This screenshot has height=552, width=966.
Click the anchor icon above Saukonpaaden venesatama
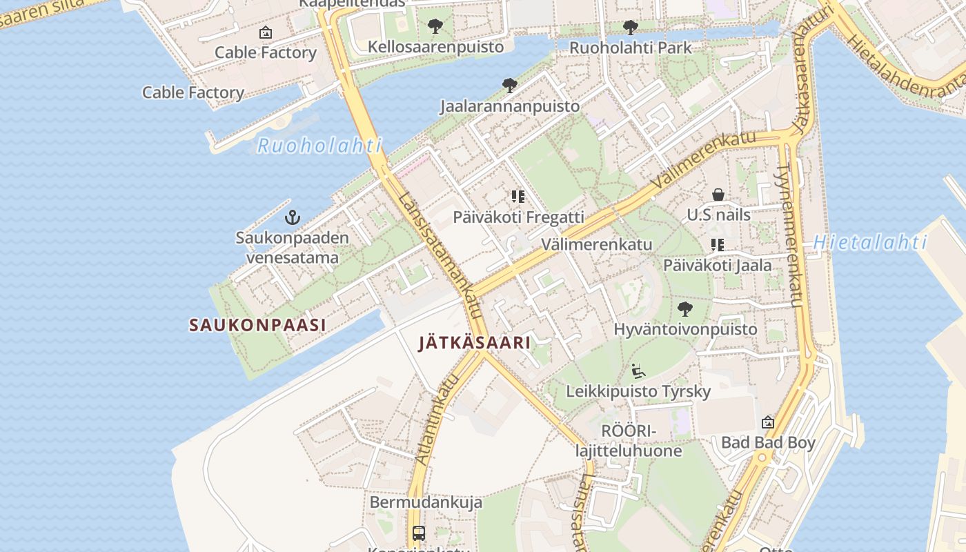point(293,218)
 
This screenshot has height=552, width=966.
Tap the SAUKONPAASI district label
point(257,325)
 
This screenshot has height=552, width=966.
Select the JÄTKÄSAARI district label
point(475,342)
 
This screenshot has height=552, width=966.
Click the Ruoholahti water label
point(319,146)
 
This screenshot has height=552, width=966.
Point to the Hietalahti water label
point(869,242)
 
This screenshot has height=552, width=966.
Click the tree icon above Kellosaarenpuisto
point(435,27)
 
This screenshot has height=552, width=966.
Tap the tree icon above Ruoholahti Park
point(630,28)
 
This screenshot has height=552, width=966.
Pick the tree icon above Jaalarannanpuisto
point(510,86)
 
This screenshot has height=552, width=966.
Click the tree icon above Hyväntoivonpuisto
point(684,308)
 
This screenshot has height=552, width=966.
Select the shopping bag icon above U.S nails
point(718,195)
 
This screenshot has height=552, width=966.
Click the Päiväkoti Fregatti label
point(518,217)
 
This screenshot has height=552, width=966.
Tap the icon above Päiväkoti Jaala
point(718,244)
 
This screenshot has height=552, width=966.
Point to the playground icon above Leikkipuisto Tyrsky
point(638,371)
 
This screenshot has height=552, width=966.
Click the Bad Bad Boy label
point(768,442)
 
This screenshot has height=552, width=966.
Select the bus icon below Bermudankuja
point(419,533)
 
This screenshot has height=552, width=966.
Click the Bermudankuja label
point(426,502)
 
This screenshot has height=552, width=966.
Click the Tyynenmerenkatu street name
point(791,235)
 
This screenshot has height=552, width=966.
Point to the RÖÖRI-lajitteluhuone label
point(629,441)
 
